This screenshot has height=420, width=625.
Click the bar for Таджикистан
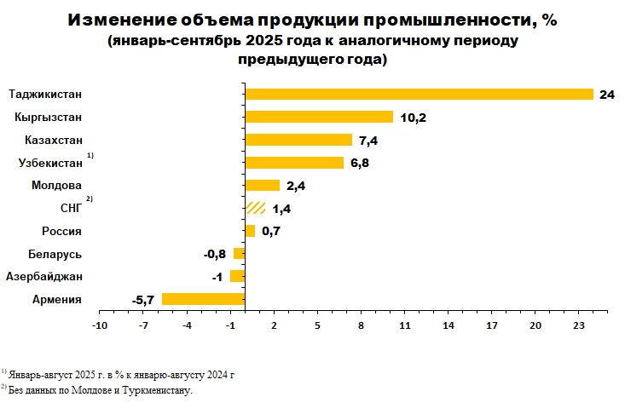(x=419, y=94)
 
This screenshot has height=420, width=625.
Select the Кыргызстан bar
(x=319, y=117)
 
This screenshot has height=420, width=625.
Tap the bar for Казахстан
(x=298, y=140)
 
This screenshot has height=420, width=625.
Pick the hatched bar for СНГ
(x=255, y=208)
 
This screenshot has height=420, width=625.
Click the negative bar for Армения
(x=203, y=299)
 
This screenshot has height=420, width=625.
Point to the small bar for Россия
(x=250, y=231)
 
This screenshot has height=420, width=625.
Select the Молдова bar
(x=262, y=185)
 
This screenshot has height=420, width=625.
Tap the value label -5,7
(x=142, y=300)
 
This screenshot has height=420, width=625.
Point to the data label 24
(x=607, y=95)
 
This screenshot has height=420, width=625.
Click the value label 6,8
(x=362, y=163)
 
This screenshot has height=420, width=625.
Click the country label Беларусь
(x=55, y=254)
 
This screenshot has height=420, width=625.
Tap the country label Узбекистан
(x=50, y=163)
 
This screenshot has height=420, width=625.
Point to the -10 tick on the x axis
(x=100, y=325)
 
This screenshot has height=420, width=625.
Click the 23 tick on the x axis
(x=579, y=325)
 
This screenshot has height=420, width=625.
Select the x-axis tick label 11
(x=405, y=325)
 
